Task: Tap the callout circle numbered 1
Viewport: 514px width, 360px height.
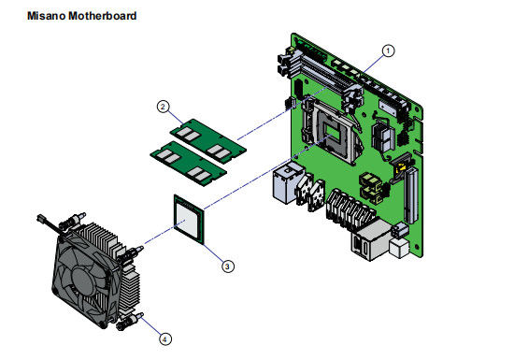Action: pyautogui.click(x=388, y=50)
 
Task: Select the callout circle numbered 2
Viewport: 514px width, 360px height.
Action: pyautogui.click(x=164, y=107)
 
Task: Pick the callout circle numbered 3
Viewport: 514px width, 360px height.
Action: pyautogui.click(x=228, y=266)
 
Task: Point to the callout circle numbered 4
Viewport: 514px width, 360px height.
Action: pyautogui.click(x=164, y=338)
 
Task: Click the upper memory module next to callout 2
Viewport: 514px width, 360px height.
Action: pyautogui.click(x=208, y=140)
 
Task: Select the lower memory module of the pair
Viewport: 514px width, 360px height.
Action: pyautogui.click(x=189, y=164)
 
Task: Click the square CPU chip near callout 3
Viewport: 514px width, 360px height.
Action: pyautogui.click(x=189, y=220)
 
